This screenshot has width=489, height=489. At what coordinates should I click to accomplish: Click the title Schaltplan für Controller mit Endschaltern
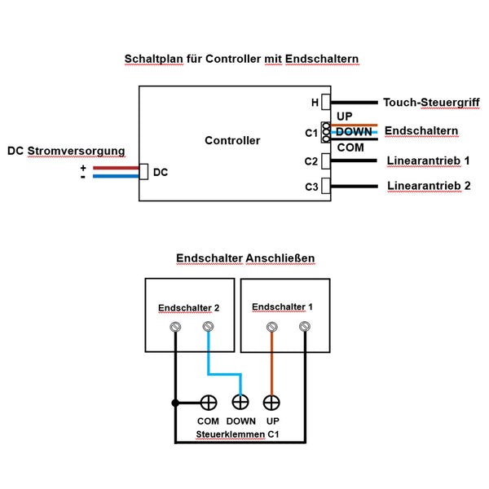click(241, 59)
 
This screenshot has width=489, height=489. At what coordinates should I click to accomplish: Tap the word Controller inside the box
click(232, 140)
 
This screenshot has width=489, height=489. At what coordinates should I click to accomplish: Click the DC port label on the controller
click(161, 173)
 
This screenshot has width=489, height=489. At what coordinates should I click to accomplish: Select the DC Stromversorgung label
click(66, 151)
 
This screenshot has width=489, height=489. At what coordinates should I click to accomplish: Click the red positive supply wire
click(114, 168)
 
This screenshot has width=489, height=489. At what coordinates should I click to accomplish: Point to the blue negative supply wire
click(114, 176)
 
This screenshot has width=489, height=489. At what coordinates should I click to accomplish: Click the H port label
click(315, 103)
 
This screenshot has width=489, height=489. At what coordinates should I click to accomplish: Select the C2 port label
click(311, 161)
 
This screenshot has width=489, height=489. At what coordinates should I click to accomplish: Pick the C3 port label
click(311, 187)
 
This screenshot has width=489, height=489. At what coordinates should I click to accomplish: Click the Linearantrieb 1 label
click(429, 160)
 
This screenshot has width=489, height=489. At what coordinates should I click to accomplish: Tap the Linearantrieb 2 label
click(429, 186)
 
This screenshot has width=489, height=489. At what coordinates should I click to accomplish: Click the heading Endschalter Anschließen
click(245, 258)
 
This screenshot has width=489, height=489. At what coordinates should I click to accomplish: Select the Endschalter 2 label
click(189, 307)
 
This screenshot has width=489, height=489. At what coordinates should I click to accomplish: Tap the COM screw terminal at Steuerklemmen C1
click(209, 402)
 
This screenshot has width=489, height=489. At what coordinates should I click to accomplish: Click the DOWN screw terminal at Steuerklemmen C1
click(240, 402)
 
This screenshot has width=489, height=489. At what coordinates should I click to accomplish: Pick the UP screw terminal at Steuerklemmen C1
click(272, 402)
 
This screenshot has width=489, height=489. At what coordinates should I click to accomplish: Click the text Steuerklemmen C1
click(238, 435)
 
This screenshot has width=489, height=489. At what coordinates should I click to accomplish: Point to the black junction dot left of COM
click(174, 403)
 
